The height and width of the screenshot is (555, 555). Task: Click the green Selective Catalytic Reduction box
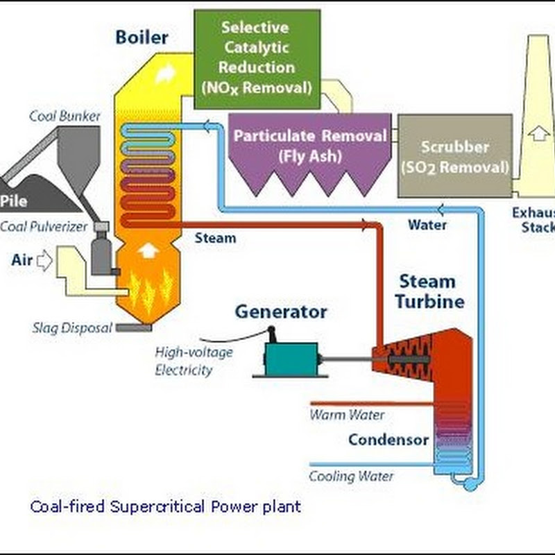(257, 59)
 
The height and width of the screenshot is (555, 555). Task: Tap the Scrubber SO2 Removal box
(455, 157)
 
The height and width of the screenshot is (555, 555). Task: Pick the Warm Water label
(346, 415)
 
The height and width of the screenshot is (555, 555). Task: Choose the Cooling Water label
(351, 476)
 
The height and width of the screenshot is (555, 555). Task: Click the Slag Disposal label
(71, 327)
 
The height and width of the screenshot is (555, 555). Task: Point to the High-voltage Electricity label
(194, 361)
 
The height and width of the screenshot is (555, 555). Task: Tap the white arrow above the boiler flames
(146, 250)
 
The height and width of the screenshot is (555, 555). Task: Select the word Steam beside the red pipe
(215, 238)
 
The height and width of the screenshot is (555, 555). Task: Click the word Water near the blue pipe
(427, 225)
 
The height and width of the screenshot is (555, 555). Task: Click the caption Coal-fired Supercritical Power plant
(165, 506)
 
